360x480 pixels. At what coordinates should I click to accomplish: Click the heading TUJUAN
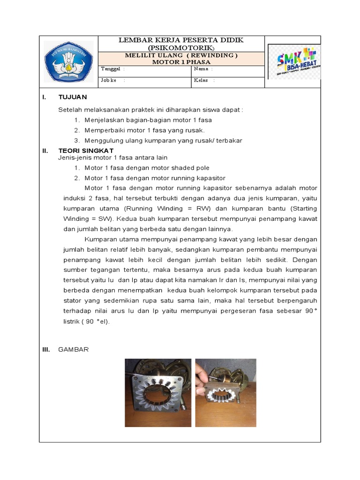[73, 97]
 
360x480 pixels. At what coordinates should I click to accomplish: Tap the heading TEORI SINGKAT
[86, 151]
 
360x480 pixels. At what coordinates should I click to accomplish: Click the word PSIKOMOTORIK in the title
[180, 48]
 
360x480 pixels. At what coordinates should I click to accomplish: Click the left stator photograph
[158, 392]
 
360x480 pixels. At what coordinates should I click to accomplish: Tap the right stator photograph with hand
[225, 392]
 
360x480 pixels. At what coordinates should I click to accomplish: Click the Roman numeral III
[46, 350]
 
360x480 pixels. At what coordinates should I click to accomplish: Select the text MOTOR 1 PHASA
[181, 62]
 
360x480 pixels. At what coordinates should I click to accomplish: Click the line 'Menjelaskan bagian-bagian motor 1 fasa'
[148, 120]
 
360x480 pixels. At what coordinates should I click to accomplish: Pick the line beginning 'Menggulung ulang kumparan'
[163, 141]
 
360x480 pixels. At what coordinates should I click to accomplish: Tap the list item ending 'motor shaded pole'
[147, 168]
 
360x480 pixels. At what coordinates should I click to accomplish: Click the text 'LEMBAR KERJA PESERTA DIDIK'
[181, 40]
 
